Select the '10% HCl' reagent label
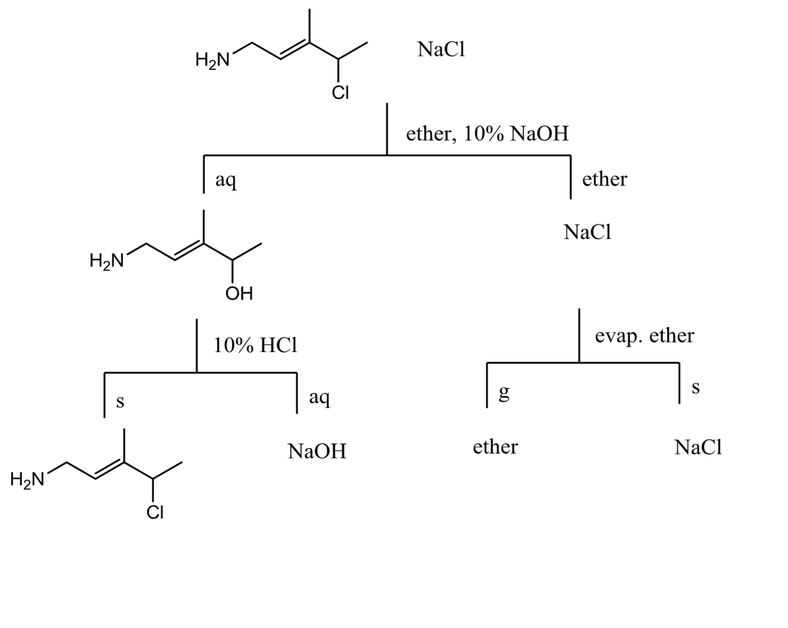[256, 346]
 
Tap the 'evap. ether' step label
[644, 336]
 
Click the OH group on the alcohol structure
[239, 293]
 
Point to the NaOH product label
[317, 451]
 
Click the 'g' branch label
[504, 393]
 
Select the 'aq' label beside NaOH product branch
[319, 397]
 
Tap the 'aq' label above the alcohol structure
[226, 180]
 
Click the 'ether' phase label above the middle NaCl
[604, 179]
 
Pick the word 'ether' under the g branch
[495, 447]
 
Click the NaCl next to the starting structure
[441, 50]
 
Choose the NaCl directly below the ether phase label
[587, 232]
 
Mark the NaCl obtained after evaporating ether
[698, 447]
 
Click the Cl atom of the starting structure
[340, 93]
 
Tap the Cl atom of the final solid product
[155, 513]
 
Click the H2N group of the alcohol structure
[106, 261]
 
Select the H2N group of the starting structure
[212, 61]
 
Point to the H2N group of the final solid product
[27, 479]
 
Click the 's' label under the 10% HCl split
[120, 402]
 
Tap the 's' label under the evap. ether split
[696, 388]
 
